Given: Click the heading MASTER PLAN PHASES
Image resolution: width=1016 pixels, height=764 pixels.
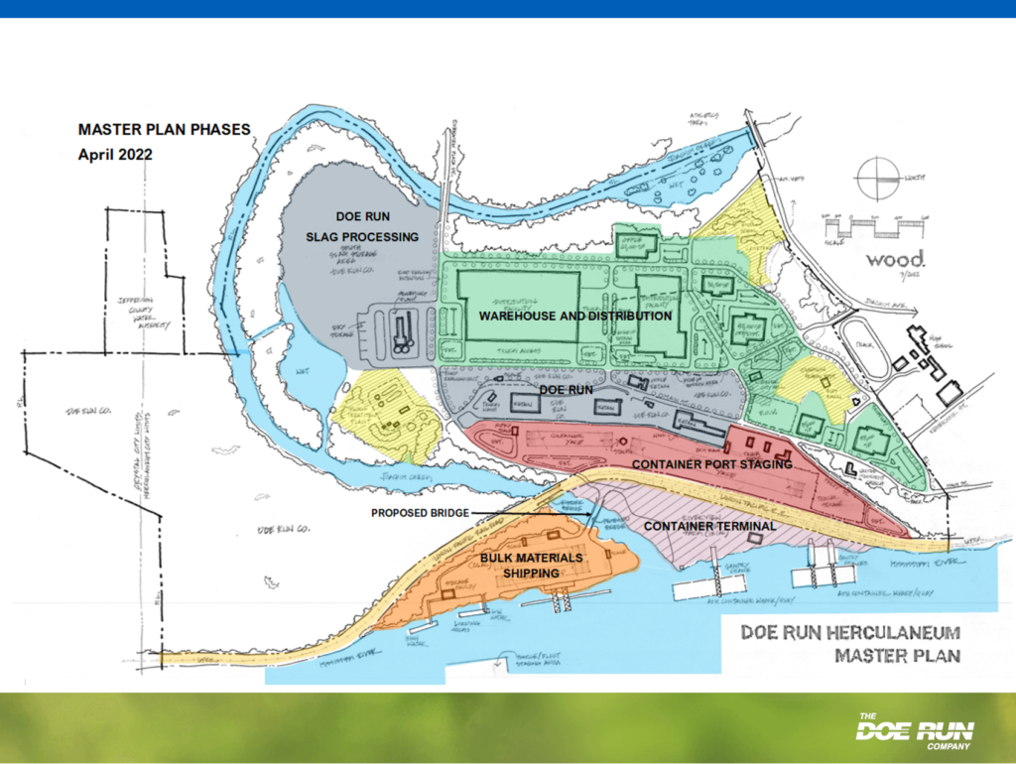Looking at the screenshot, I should pos(165,129).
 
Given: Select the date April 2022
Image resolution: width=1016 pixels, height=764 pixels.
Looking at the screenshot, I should pos(115,155).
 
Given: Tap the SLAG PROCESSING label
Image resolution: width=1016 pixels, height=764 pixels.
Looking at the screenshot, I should pos(362,236).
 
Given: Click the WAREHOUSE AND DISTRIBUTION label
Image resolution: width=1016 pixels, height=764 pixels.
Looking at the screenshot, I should pos(575,316).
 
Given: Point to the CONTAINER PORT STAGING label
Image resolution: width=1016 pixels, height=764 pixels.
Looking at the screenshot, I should pos(711,463).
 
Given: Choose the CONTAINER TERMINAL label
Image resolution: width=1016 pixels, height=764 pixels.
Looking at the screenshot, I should pos(709,525).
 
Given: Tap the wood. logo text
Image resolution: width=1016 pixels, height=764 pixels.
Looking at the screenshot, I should pos(895,260).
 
